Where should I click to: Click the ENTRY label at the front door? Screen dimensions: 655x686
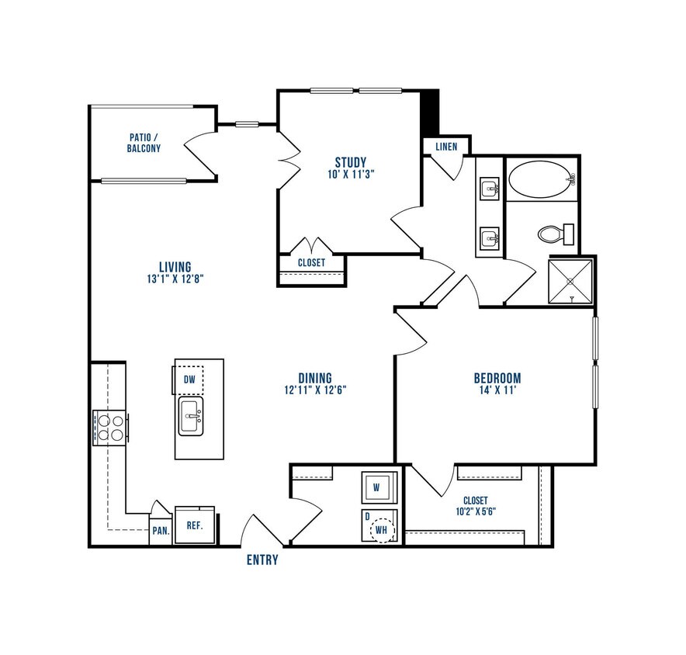[262, 560]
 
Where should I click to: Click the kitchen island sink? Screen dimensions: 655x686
[191, 417]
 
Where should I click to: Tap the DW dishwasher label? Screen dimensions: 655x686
[189, 380]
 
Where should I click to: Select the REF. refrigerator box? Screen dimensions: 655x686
[194, 525]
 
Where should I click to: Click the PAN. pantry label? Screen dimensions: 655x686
[160, 532]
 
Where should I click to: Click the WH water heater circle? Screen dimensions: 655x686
[382, 531]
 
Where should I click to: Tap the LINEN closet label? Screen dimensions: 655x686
[446, 146]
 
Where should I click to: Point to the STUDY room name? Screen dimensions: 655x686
[350, 162]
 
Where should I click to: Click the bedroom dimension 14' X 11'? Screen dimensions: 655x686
[497, 392]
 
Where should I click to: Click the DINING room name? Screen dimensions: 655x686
[314, 378]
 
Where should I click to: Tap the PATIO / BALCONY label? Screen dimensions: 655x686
[145, 142]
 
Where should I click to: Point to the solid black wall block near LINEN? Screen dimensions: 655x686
[429, 112]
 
